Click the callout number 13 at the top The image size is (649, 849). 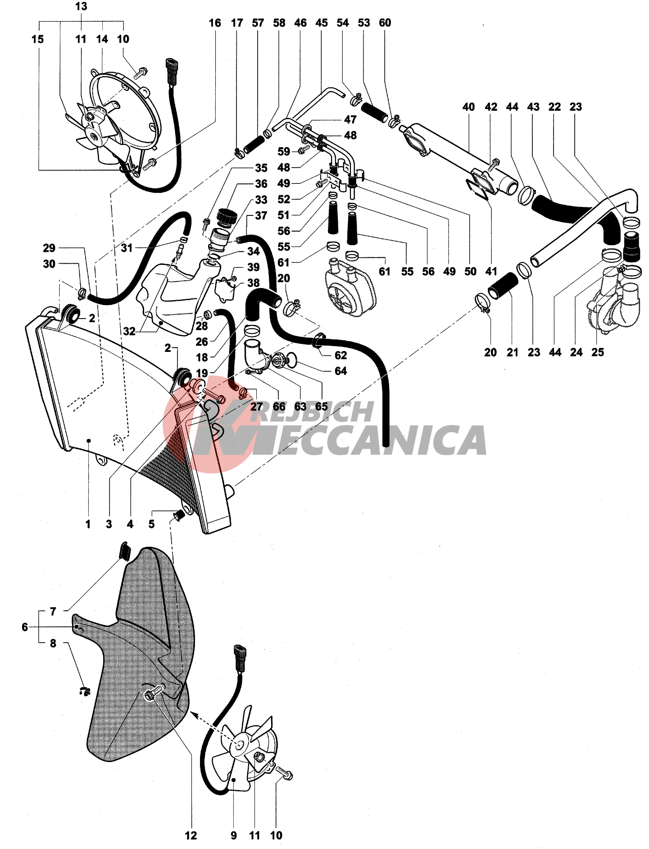tap(81, 7)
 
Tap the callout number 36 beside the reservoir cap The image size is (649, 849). tap(261, 184)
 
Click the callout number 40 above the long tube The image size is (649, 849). tap(468, 107)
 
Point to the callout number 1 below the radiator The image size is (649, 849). tap(88, 524)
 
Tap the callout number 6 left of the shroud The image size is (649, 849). tap(25, 627)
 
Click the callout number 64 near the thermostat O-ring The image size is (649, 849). tap(340, 371)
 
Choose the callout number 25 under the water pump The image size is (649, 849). tap(597, 352)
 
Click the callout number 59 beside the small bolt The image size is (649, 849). tap(284, 151)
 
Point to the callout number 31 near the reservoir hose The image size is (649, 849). tap(127, 248)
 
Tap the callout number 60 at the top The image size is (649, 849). tap(385, 23)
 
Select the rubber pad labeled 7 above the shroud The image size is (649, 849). tap(125, 551)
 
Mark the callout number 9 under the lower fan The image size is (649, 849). tap(233, 836)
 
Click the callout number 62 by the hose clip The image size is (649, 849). tap(340, 356)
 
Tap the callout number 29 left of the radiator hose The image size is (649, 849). tap(49, 248)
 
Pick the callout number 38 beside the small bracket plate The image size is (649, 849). tap(254, 283)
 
